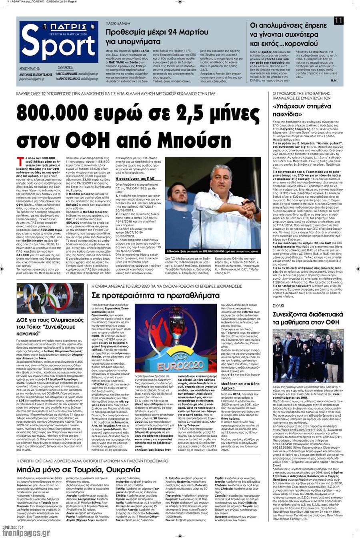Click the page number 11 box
pos(339,20)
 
